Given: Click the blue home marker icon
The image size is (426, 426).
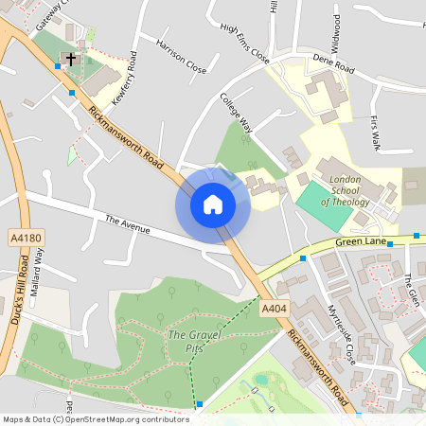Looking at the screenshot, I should point(212,204).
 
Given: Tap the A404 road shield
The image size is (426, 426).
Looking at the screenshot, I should point(274,309).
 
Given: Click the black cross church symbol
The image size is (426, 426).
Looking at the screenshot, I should point(70,60).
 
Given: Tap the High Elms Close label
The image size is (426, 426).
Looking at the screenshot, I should point(244,44).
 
